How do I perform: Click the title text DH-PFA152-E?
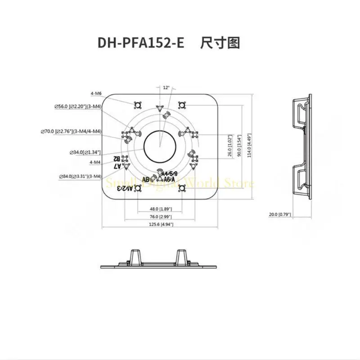141,43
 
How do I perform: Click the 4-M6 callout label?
95,93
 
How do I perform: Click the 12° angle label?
167,88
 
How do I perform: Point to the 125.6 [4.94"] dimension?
161,224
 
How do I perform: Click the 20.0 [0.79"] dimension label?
280,214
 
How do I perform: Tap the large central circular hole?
161,145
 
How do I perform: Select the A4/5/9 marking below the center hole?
170,174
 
